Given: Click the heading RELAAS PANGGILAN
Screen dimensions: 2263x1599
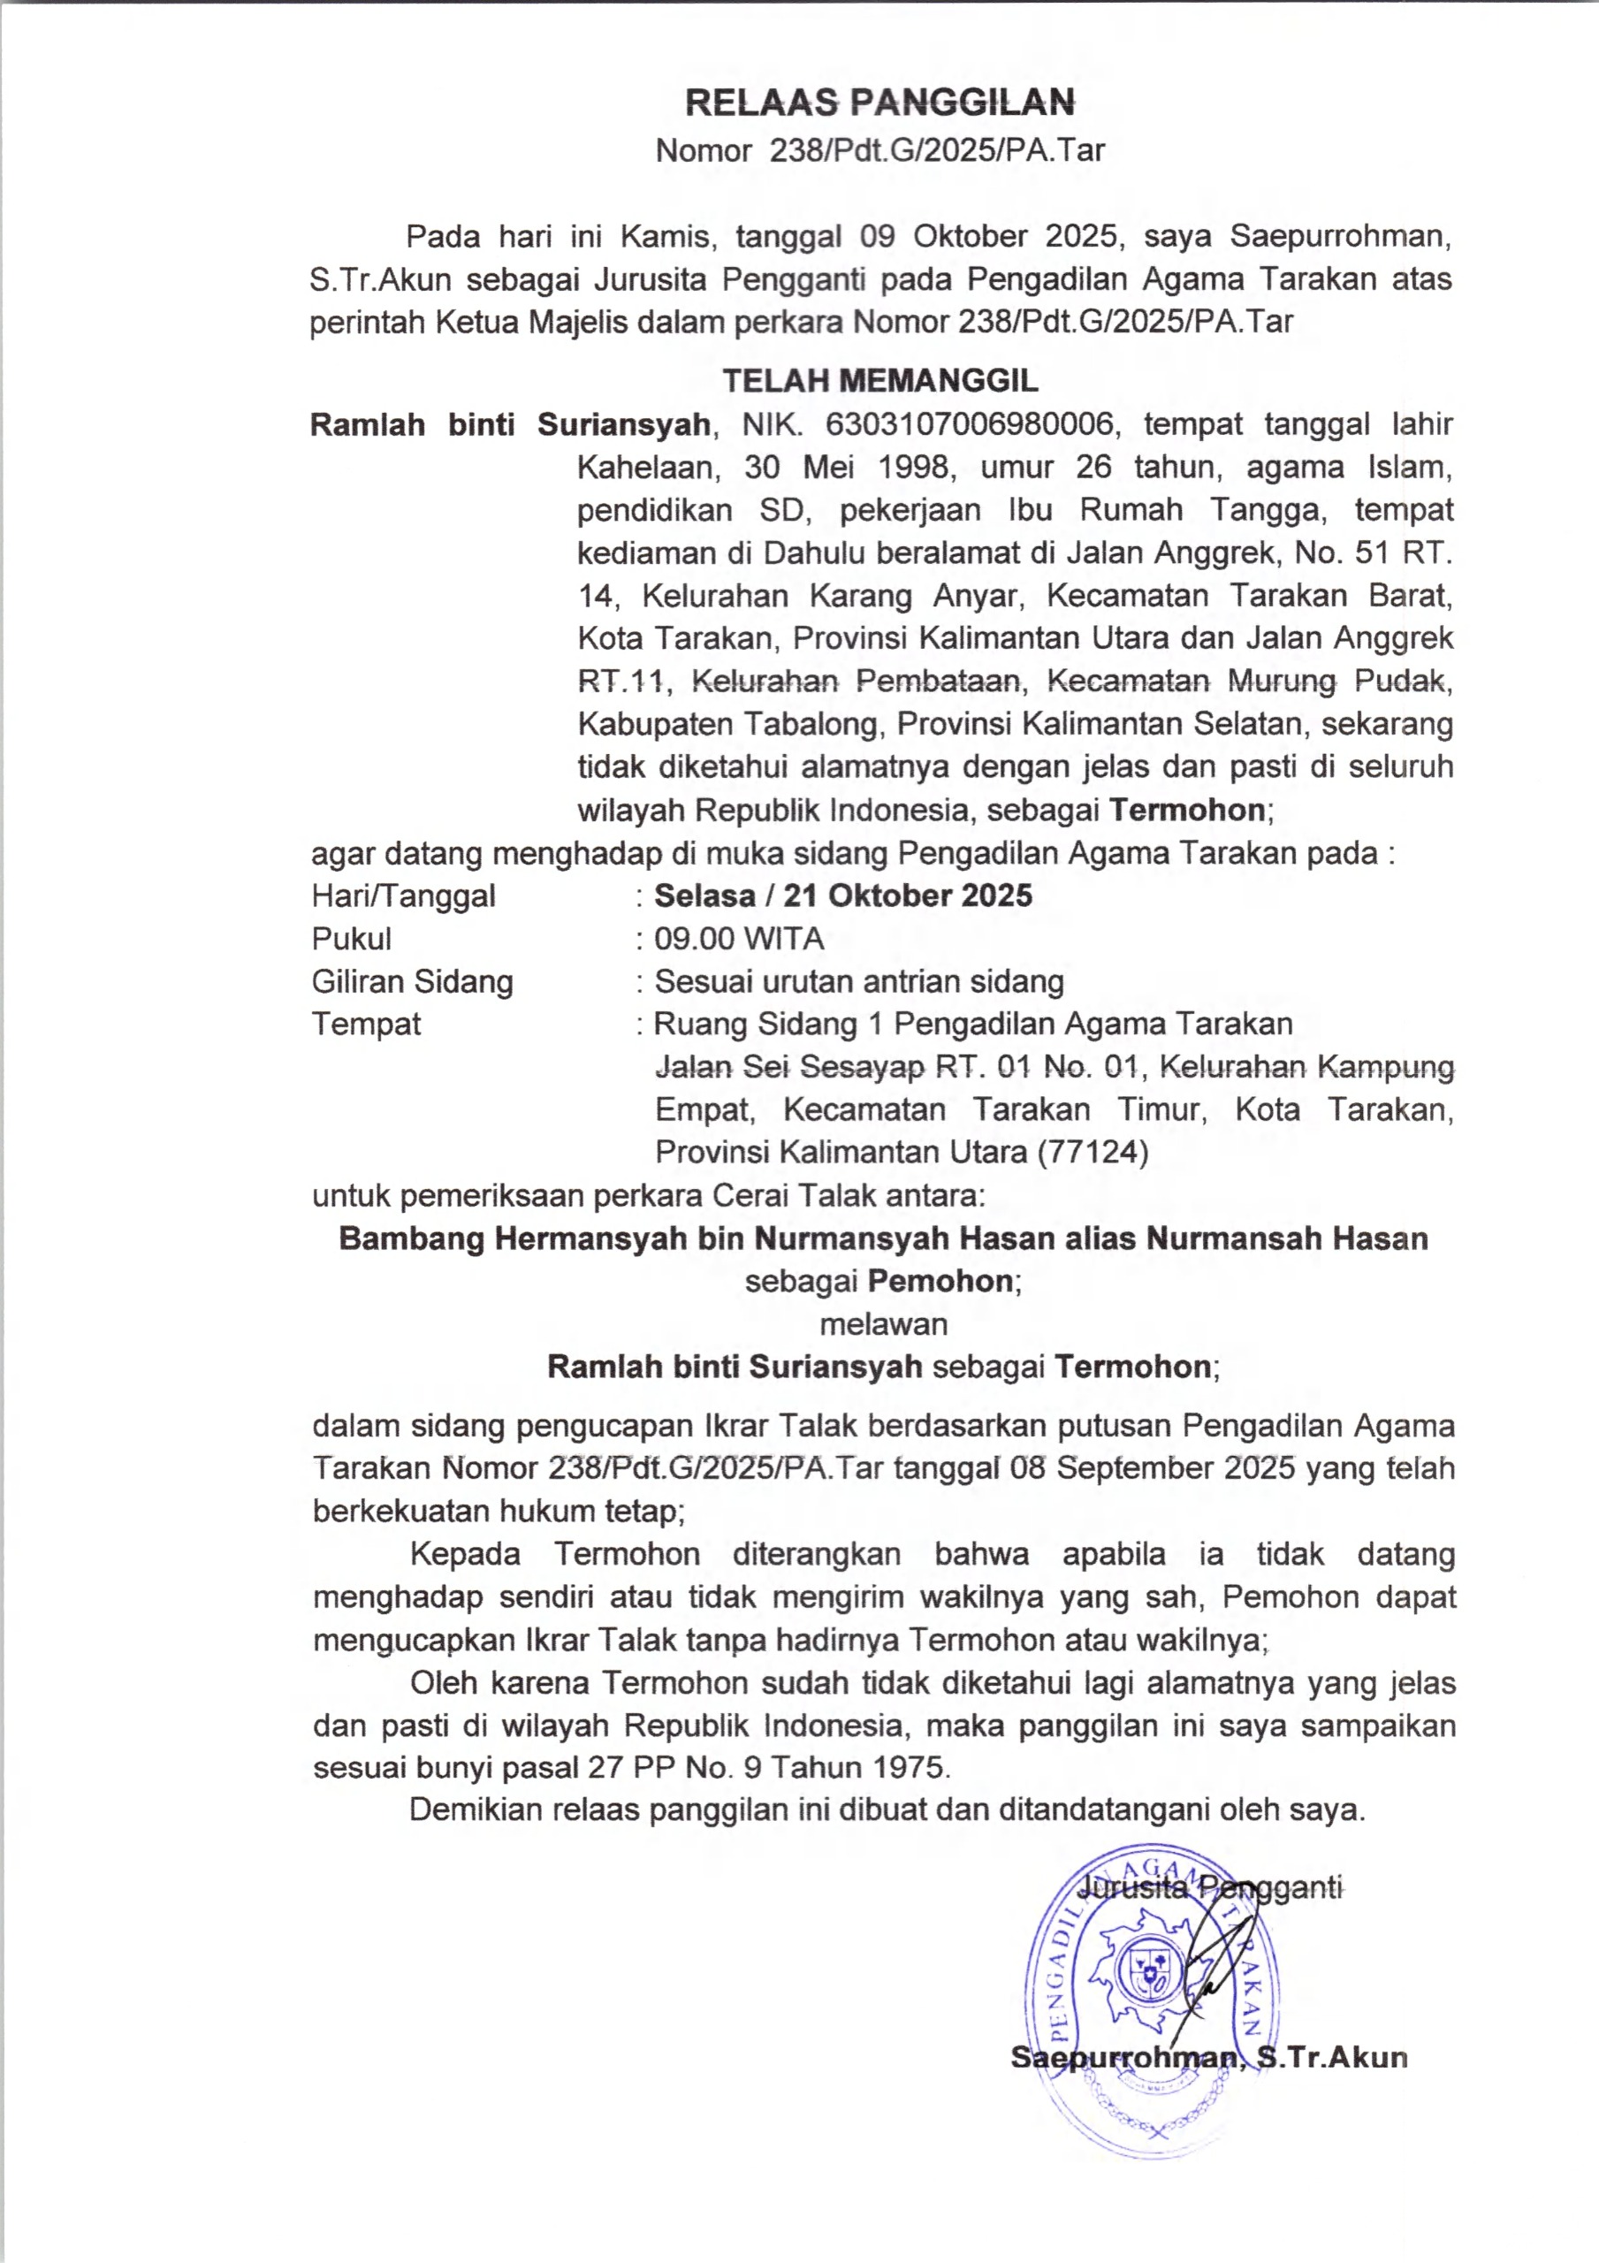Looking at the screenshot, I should click(879, 102).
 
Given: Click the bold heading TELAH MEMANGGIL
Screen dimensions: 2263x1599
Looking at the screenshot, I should click(880, 380).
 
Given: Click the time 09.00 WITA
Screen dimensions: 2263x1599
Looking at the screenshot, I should click(738, 938).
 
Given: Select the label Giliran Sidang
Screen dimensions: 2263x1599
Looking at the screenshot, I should click(412, 982).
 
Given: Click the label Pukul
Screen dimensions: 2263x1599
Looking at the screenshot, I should click(351, 938).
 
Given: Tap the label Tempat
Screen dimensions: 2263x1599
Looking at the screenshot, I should click(366, 1024).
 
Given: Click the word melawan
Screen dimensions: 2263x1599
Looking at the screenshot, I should click(883, 1323).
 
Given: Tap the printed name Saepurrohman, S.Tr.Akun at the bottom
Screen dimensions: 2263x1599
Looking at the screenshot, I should click(1208, 2058).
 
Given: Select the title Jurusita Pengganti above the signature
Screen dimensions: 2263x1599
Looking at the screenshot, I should click(1212, 1887).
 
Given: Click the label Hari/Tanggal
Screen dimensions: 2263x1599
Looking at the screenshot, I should click(403, 896).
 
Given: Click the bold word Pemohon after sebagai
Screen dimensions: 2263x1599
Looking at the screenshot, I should click(940, 1281).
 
